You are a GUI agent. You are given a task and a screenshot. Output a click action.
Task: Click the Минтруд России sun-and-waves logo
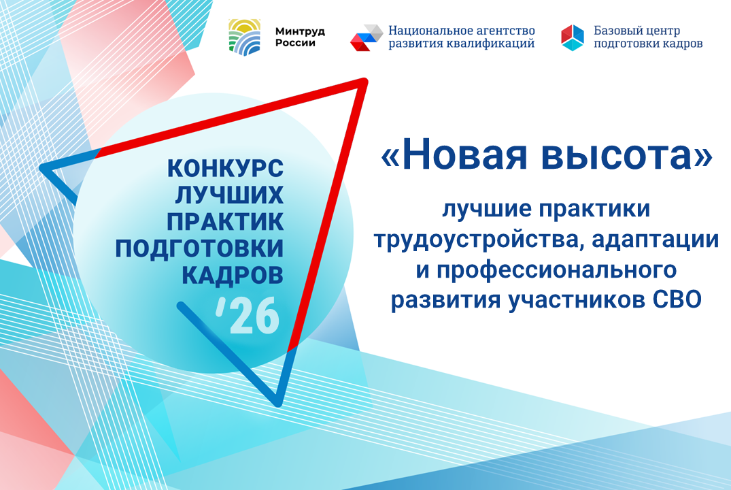[x=244, y=37]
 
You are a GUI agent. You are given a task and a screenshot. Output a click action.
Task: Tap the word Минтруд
[x=300, y=32]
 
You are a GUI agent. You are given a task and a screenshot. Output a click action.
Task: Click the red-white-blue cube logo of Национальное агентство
[x=367, y=38]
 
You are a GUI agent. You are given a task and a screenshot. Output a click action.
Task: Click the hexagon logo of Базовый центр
[x=573, y=38]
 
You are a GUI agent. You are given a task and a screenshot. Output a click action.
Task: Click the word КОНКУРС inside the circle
[x=225, y=168]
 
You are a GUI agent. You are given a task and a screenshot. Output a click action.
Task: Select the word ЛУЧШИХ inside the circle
[x=229, y=195]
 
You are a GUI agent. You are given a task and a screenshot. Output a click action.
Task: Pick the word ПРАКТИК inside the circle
[x=225, y=222]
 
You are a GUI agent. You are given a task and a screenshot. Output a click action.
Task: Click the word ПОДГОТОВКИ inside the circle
[x=199, y=248]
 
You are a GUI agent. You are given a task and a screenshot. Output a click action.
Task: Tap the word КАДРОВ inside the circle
[x=232, y=275]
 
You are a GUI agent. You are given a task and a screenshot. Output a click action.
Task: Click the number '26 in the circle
[x=248, y=315]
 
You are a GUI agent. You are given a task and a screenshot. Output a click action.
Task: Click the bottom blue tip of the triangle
[x=278, y=402]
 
